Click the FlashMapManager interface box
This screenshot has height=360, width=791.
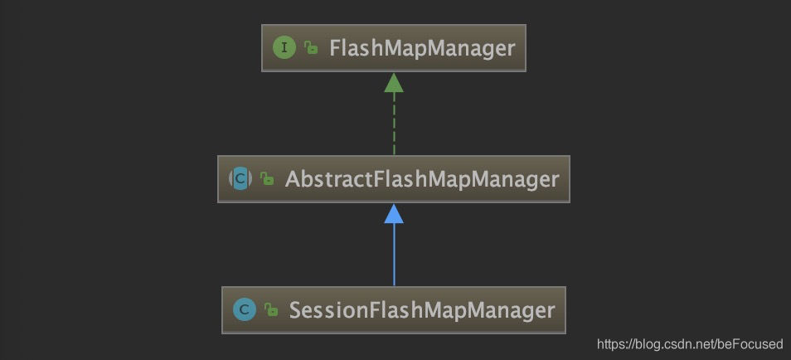click(x=394, y=47)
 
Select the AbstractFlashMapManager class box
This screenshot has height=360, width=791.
click(x=394, y=178)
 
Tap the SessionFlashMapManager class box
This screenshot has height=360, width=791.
click(x=394, y=310)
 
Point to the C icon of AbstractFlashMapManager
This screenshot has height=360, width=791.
click(x=240, y=178)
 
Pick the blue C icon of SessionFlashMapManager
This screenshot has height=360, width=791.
click(x=244, y=310)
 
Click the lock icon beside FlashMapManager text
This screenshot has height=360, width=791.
click(x=311, y=48)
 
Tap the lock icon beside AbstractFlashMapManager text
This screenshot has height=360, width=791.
click(x=267, y=179)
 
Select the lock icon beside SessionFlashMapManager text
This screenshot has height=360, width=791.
click(x=270, y=311)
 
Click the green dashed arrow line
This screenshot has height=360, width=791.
click(x=394, y=124)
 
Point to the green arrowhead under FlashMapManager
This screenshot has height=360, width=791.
click(x=394, y=82)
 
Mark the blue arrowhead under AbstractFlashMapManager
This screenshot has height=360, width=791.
click(x=394, y=214)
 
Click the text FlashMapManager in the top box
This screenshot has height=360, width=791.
click(x=422, y=48)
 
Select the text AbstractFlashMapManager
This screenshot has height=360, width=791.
click(x=422, y=178)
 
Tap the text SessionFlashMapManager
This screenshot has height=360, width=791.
click(x=422, y=310)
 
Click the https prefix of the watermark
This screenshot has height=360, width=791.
click(x=612, y=343)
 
